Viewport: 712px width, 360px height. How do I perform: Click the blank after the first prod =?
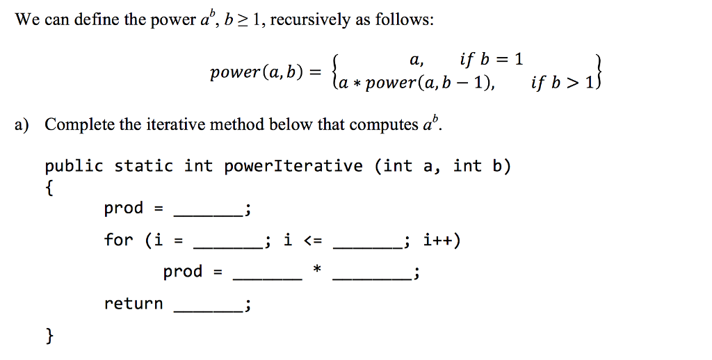(x=208, y=215)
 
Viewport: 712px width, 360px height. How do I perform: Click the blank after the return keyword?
(x=208, y=311)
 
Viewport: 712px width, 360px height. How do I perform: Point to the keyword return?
(x=133, y=303)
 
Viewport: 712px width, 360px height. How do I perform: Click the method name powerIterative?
(x=293, y=166)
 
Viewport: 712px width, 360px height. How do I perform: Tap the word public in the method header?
(x=74, y=166)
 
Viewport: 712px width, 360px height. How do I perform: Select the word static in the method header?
(x=143, y=166)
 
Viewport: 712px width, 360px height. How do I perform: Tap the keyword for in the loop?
(x=118, y=239)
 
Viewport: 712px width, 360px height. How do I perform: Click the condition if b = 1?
(x=491, y=59)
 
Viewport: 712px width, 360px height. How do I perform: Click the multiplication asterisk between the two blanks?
(x=317, y=270)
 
